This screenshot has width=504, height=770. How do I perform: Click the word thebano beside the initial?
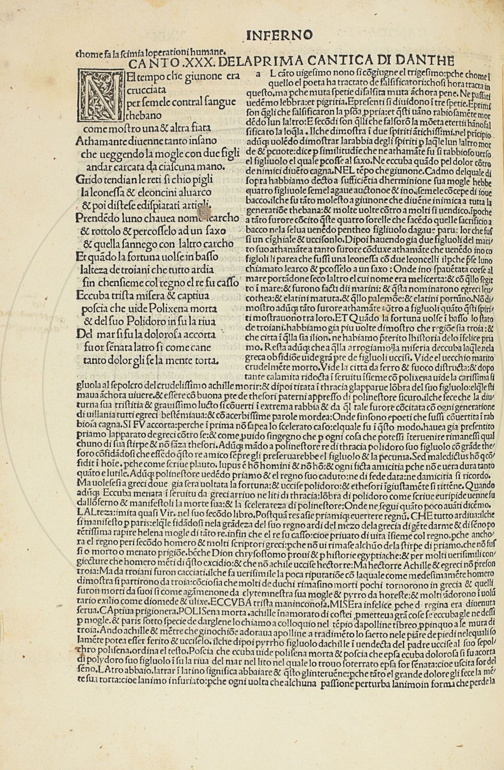144,115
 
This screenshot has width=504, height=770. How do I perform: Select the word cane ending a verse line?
200,348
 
